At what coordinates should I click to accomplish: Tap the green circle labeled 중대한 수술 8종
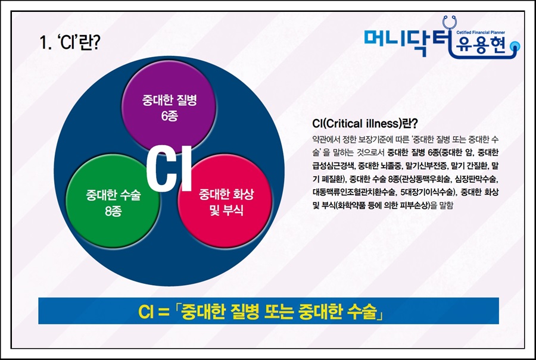tap(113, 202)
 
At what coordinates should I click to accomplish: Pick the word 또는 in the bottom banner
tap(277, 311)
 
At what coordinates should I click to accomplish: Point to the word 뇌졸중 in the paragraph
tap(387, 165)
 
